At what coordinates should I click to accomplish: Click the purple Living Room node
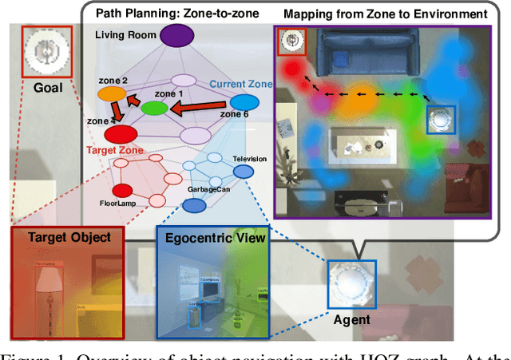[x=177, y=35]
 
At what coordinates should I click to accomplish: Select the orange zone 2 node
[x=111, y=94]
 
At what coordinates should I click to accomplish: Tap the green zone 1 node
[x=155, y=107]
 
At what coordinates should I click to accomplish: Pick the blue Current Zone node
[x=244, y=102]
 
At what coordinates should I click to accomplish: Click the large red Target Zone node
[x=121, y=134]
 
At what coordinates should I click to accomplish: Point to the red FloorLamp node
[x=122, y=190]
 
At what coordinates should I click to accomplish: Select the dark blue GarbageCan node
[x=193, y=206]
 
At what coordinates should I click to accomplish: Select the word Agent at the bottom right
[x=352, y=320]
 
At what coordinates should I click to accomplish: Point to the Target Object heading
[x=69, y=237]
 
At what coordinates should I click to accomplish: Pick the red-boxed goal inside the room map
[x=290, y=41]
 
